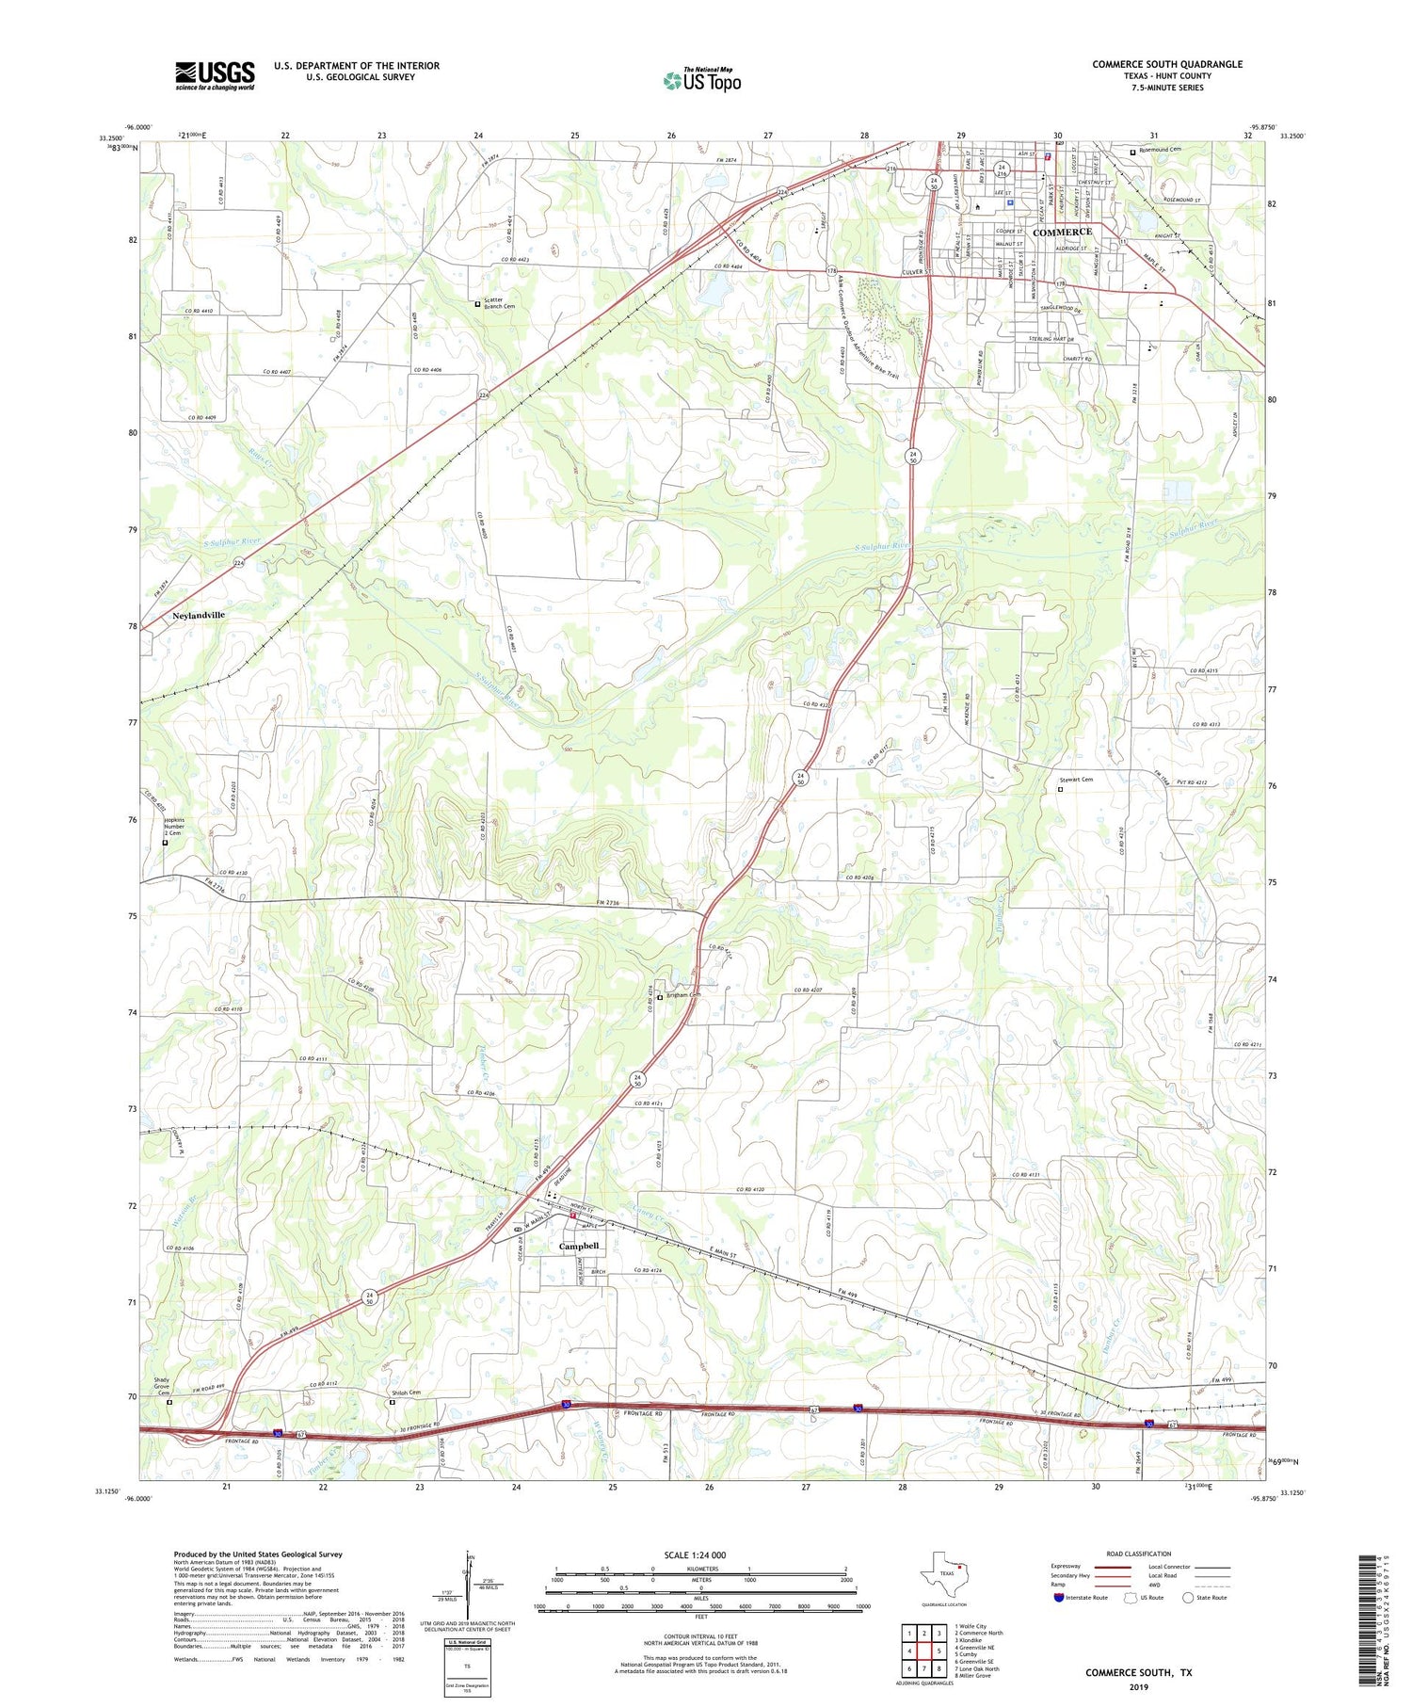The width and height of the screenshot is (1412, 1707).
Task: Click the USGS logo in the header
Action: point(215,75)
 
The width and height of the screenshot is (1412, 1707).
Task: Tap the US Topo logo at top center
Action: point(702,80)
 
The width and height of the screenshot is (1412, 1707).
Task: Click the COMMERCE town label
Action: point(1062,232)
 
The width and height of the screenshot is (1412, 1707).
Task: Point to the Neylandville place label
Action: point(199,615)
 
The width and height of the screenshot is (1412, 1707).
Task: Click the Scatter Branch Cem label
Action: point(499,303)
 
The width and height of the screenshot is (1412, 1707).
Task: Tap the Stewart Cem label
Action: point(1076,780)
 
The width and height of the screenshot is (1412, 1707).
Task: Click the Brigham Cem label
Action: point(684,995)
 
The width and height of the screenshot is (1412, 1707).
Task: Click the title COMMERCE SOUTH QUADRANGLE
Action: point(1166,64)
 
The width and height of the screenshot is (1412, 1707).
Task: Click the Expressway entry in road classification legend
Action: point(1071,1567)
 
